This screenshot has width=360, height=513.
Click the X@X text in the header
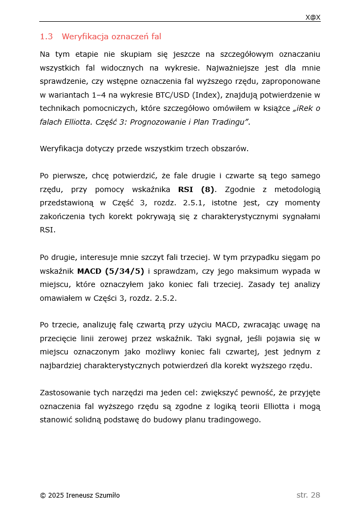point(313,18)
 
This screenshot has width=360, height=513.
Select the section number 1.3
point(46,37)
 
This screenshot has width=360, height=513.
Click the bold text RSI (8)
point(196,189)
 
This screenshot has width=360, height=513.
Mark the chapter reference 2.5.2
point(166,298)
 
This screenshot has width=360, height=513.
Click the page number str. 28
point(308,495)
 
